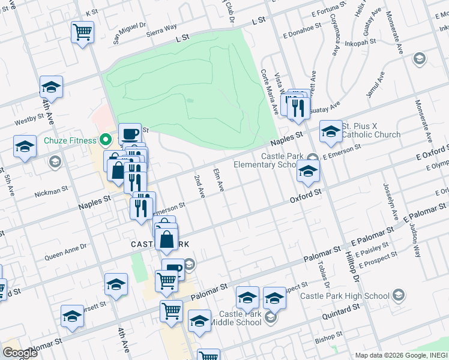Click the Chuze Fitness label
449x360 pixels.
coord(70,140)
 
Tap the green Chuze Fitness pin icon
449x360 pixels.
coord(106,140)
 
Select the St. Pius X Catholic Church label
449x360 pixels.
coord(370,130)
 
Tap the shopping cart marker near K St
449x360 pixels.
coord(82,32)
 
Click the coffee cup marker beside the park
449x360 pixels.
coord(129,133)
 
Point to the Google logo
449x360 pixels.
coord(20,353)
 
